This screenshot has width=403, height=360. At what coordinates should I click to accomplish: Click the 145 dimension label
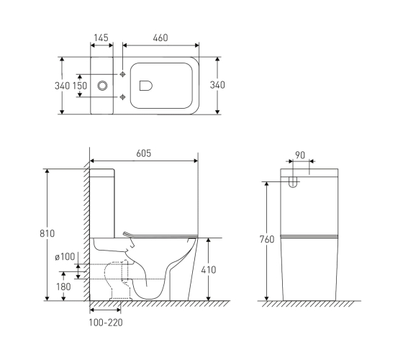[x=101, y=37]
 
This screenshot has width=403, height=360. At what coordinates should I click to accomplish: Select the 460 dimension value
[x=160, y=37]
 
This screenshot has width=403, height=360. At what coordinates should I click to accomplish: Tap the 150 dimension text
[x=80, y=86]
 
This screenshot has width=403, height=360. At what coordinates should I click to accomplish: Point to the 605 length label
[x=144, y=153]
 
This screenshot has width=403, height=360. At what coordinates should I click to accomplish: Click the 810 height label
[x=47, y=233]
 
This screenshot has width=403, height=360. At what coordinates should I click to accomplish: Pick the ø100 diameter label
[x=65, y=256]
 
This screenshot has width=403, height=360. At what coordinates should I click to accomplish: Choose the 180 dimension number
[x=63, y=287]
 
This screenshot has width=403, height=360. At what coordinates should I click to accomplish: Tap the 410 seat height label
[x=209, y=270]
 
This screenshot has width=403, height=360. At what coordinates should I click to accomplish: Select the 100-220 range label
[x=106, y=323]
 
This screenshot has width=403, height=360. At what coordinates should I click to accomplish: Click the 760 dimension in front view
[x=267, y=239]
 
